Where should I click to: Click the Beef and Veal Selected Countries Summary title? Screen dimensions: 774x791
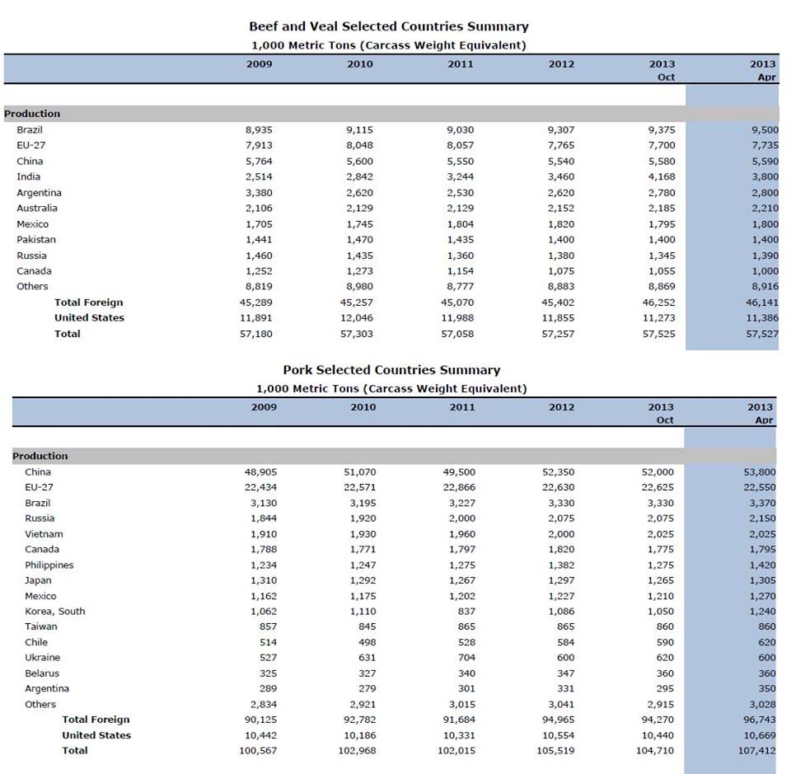tap(388, 26)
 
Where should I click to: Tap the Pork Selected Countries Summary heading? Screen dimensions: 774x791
tap(391, 370)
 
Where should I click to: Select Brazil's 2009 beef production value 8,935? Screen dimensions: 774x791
tap(259, 130)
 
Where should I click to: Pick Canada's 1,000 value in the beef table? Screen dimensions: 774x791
tap(764, 271)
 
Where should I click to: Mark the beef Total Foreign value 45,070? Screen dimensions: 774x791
tap(460, 303)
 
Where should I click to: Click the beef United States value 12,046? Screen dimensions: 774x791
tap(359, 318)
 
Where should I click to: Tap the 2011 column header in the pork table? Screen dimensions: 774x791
tap(461, 407)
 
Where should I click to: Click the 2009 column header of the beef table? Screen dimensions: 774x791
tap(259, 64)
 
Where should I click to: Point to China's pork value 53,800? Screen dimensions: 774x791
tap(759, 472)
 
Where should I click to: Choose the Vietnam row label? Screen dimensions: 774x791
tap(44, 534)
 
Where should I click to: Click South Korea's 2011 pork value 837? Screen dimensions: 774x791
tap(466, 612)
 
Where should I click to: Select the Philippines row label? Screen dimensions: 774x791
tap(49, 565)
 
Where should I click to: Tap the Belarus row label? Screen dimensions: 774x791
tap(42, 673)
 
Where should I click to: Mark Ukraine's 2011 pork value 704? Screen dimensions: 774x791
tap(466, 658)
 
